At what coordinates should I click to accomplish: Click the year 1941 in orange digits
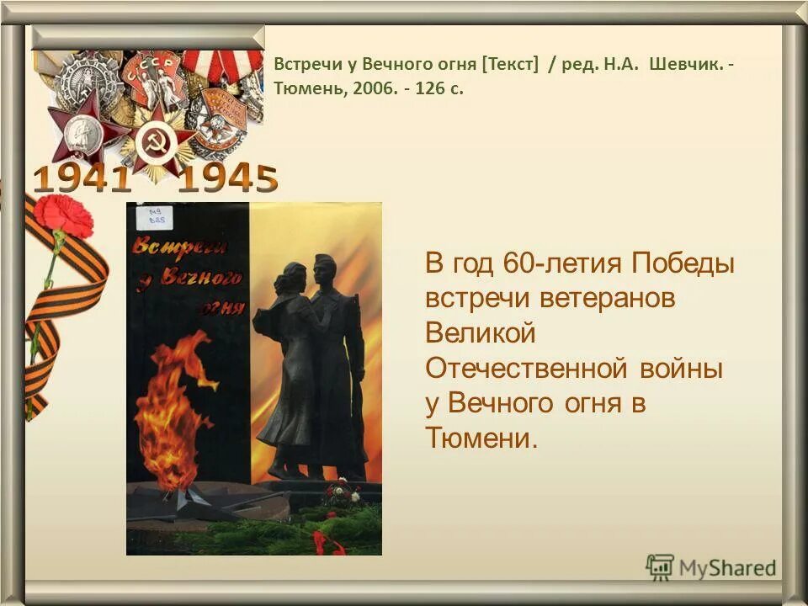click(82, 178)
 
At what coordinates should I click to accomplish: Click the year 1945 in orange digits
click(227, 178)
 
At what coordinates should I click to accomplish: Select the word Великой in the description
click(481, 333)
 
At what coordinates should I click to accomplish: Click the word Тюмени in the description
click(481, 439)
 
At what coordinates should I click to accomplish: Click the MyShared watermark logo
click(712, 567)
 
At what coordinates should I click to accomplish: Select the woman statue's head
click(295, 278)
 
